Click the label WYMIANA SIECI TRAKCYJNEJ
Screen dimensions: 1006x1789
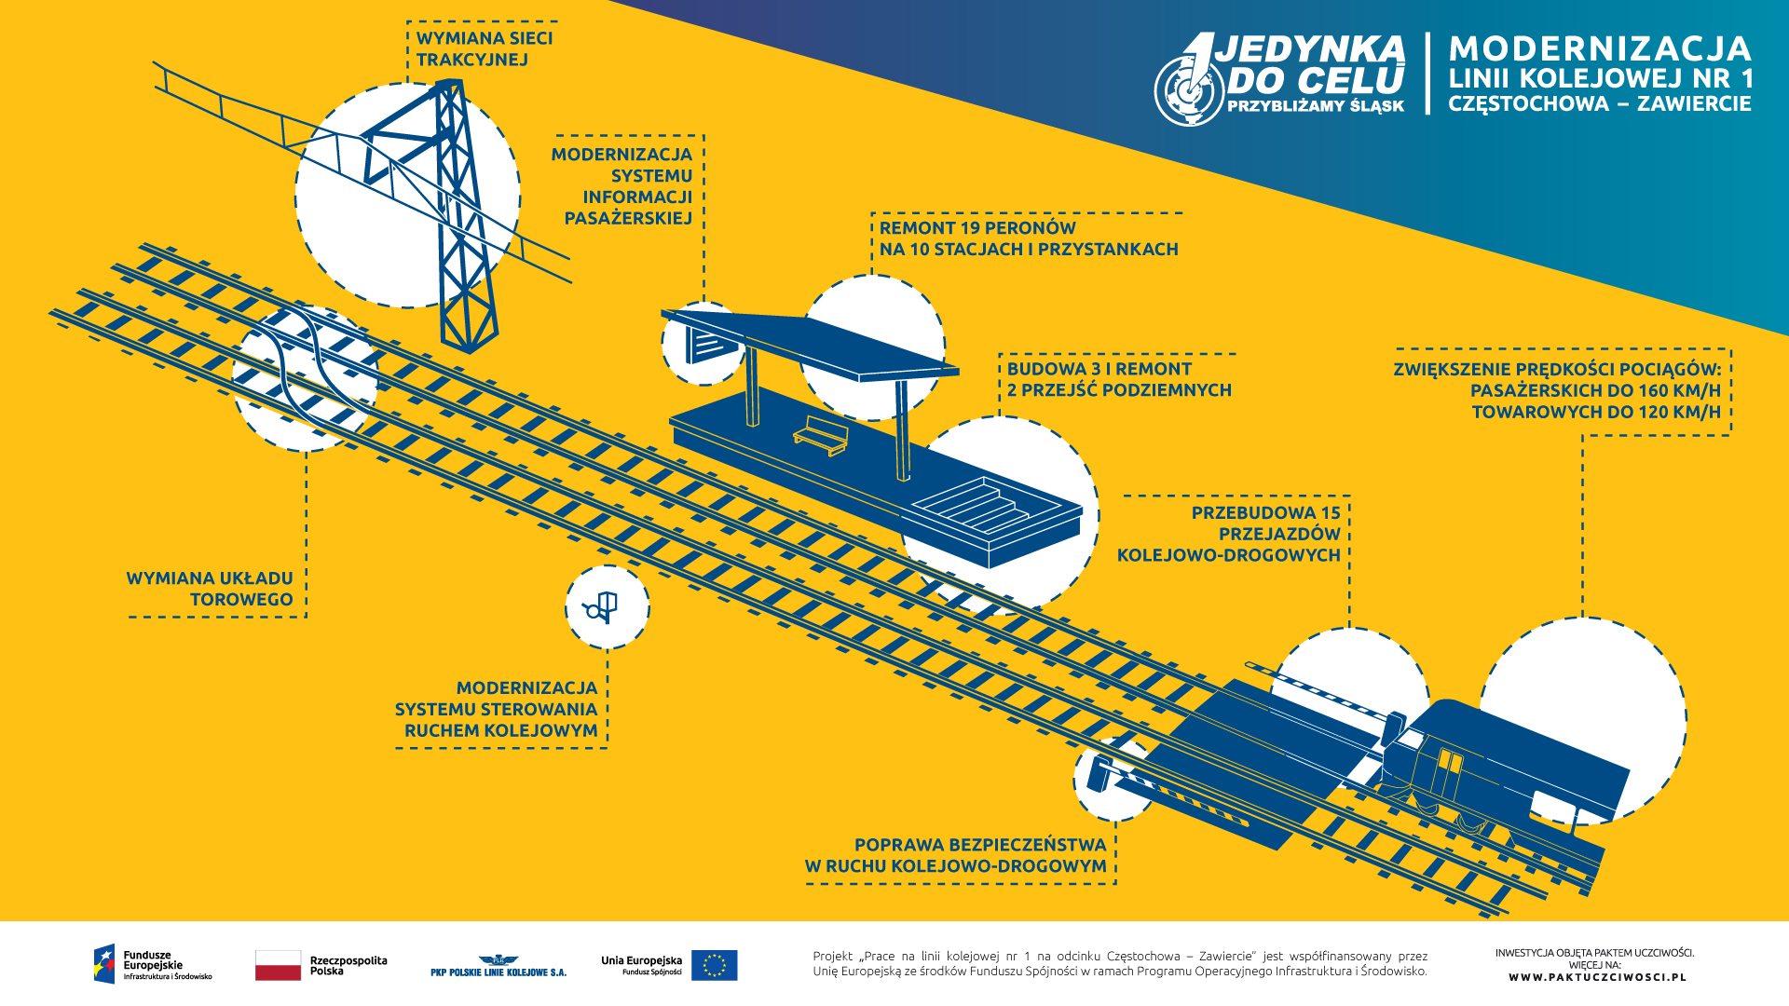pyautogui.click(x=484, y=49)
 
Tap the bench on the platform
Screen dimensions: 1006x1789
pyautogui.click(x=821, y=435)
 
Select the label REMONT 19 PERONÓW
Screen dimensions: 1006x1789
pyautogui.click(x=977, y=228)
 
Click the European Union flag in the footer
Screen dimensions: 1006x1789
pyautogui.click(x=714, y=965)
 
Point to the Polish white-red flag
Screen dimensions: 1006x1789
pyautogui.click(x=278, y=965)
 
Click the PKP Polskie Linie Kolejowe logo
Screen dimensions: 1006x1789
pyautogui.click(x=498, y=966)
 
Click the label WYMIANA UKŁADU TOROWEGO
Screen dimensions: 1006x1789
pyautogui.click(x=211, y=589)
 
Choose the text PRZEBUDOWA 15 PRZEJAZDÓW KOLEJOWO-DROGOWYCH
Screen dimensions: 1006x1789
pyautogui.click(x=1230, y=534)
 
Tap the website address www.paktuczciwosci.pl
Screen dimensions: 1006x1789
pyautogui.click(x=1597, y=977)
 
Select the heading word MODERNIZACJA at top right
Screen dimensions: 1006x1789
pyautogui.click(x=1600, y=49)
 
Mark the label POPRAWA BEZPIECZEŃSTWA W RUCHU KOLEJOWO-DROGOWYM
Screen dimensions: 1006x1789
pyautogui.click(x=956, y=855)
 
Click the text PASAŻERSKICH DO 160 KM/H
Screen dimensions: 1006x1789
pyautogui.click(x=1595, y=390)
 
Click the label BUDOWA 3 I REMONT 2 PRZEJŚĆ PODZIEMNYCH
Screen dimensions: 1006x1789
pyautogui.click(x=1118, y=379)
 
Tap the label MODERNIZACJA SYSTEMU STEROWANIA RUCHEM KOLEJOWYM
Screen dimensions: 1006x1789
pyautogui.click(x=497, y=709)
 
